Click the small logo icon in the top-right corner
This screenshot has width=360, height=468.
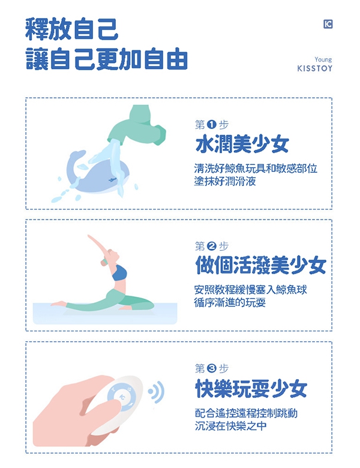pos(328,24)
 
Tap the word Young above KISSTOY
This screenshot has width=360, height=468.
pos(323,59)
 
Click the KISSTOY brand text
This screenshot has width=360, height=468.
pos(314,68)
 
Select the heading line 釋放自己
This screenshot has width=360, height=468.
pos(72,29)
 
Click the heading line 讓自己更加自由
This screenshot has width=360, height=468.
pos(107,59)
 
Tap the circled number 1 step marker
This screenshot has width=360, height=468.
pos(211,124)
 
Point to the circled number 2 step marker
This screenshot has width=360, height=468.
pos(211,246)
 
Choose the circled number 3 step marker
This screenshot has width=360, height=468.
pos(211,368)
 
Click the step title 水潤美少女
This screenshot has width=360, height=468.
pos(242,144)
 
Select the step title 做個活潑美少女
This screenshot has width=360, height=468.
pos(260,265)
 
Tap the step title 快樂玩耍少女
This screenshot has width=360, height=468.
pos(251,389)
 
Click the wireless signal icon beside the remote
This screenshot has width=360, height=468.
pos(157,392)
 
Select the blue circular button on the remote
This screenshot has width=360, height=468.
pos(122,397)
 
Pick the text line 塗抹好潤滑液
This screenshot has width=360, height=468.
pos(225,181)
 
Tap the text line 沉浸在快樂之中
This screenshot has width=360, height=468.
pos(230,425)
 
